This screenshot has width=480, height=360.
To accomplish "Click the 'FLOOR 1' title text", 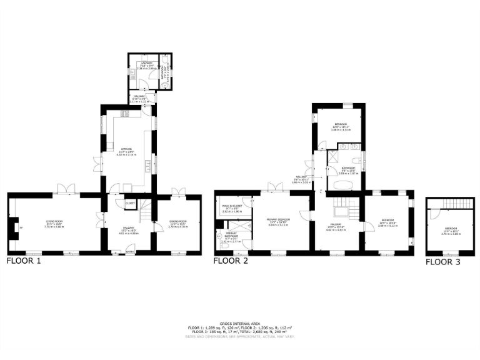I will pyautogui.click(x=23, y=261).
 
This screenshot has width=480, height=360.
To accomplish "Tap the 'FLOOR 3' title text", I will pyautogui.click(x=442, y=262).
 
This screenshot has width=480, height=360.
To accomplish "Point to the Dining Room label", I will pyautogui.click(x=178, y=224).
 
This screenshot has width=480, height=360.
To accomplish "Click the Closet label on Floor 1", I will pyautogui.click(x=130, y=203).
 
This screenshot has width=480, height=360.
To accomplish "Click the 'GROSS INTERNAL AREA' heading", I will pyautogui.click(x=239, y=323).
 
